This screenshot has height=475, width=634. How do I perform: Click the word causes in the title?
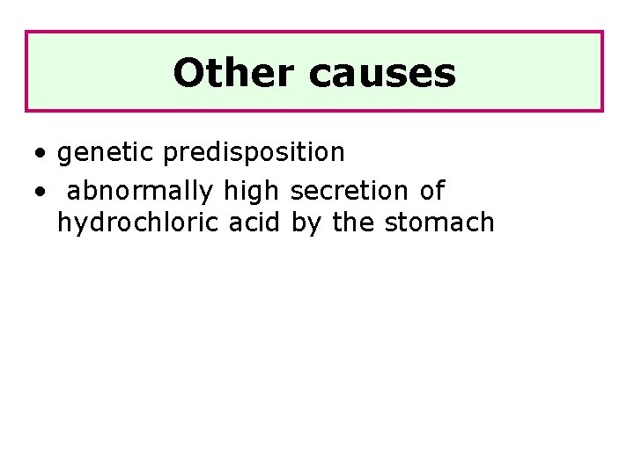(x=382, y=73)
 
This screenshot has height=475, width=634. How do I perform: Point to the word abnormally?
(x=140, y=190)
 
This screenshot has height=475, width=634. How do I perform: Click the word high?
(x=252, y=190)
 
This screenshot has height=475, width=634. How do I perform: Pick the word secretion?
(x=350, y=190)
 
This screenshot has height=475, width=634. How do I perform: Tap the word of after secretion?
(x=432, y=190)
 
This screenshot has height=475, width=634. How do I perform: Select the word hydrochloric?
(x=139, y=223)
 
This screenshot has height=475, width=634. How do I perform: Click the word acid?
(x=254, y=223)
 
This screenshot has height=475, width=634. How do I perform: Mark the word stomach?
(x=439, y=223)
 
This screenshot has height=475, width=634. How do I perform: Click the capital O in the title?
(x=188, y=73)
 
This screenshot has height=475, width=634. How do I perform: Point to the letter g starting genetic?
(x=64, y=155)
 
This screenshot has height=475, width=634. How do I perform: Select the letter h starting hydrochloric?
(x=63, y=223)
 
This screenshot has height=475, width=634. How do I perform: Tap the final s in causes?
(x=446, y=75)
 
